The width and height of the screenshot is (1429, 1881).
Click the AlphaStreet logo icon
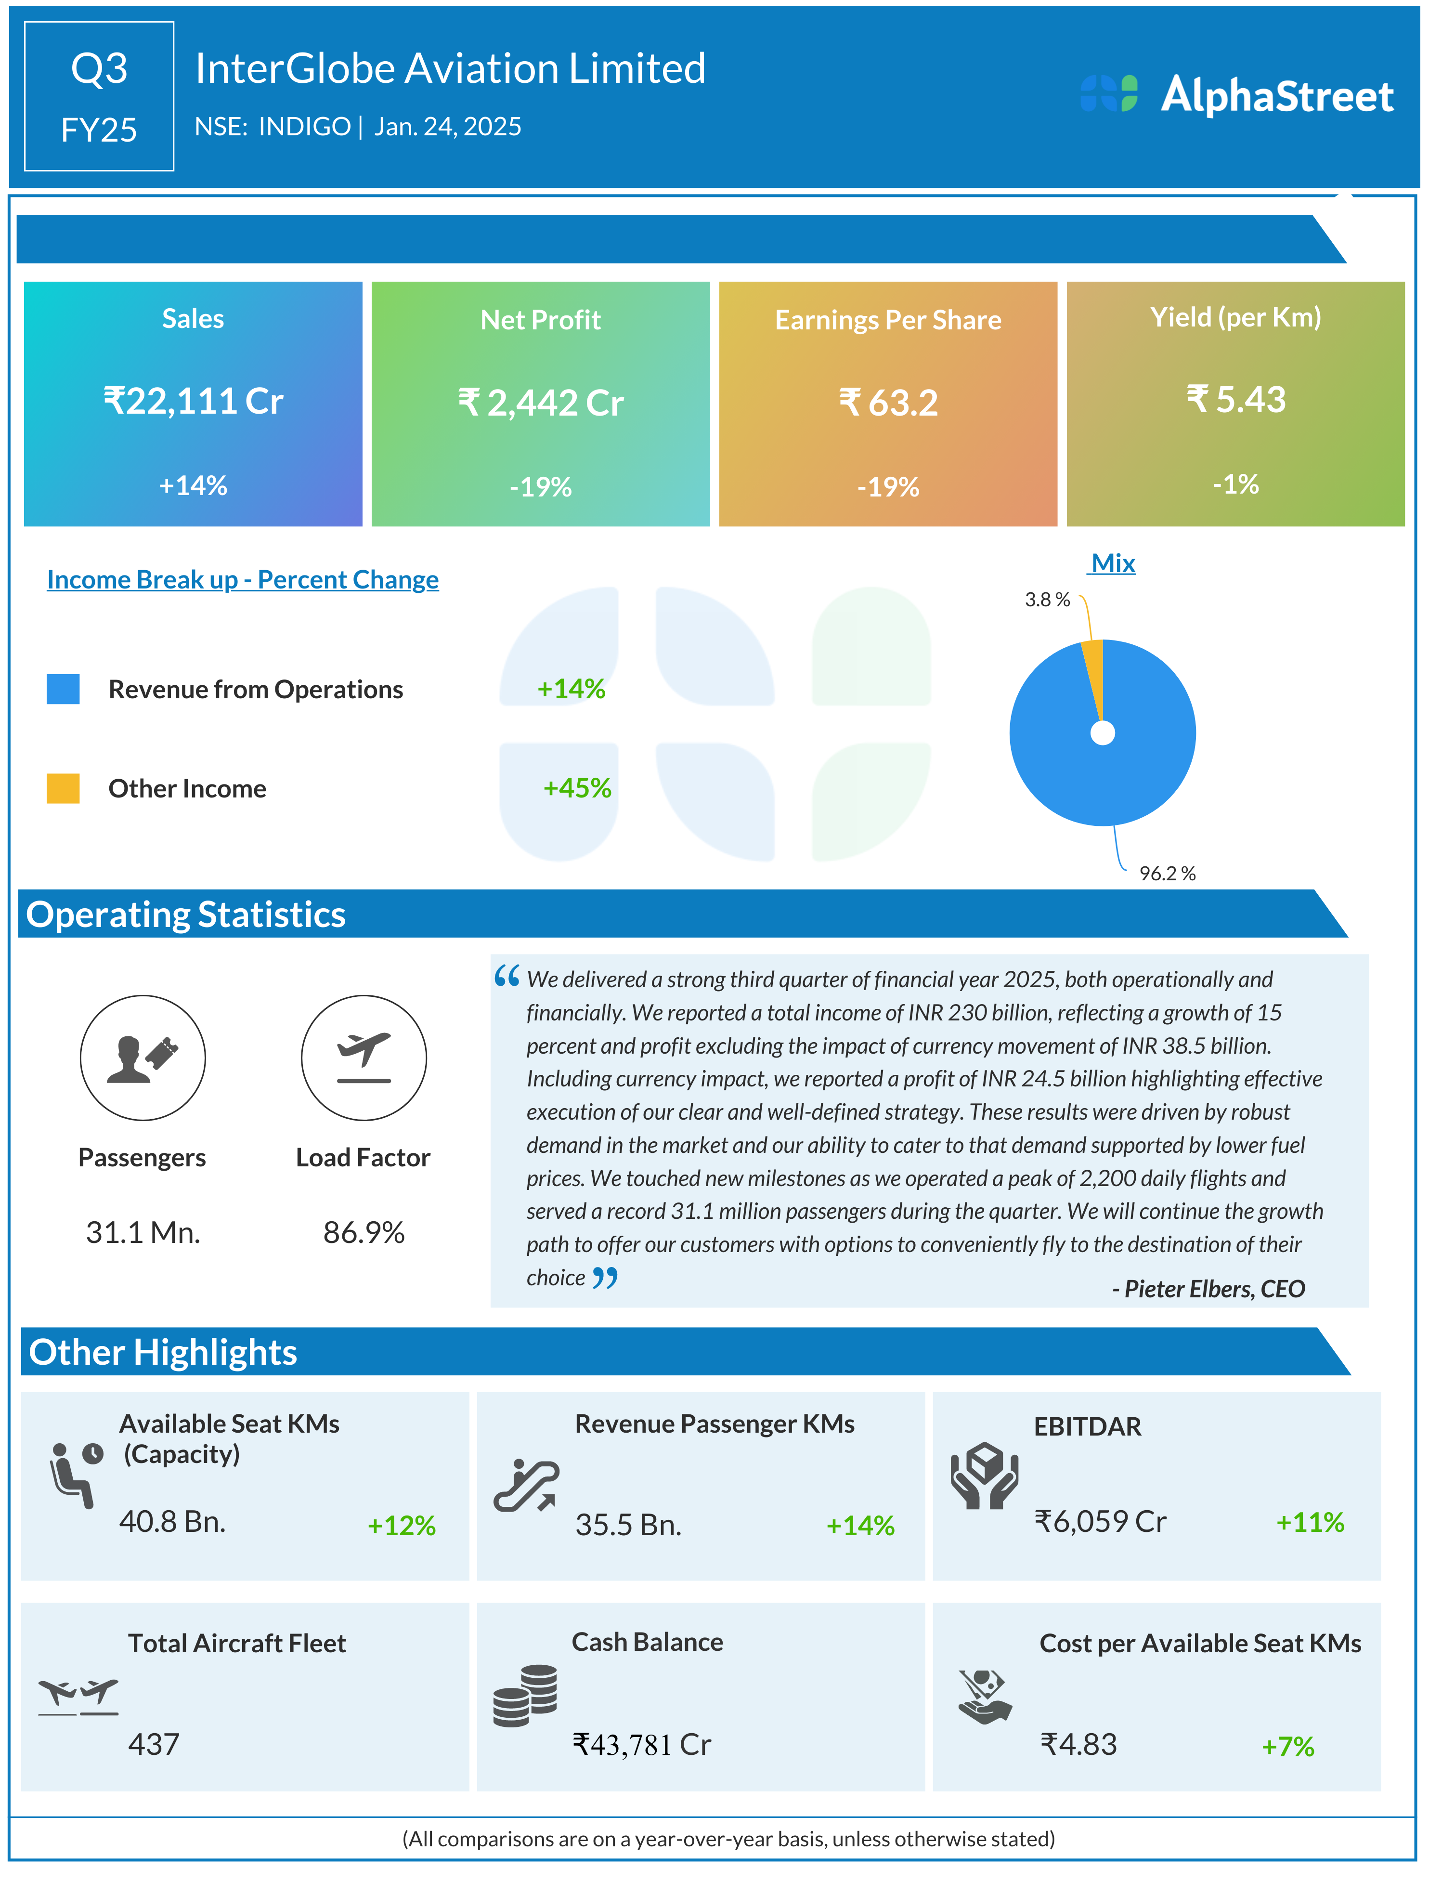(x=1108, y=93)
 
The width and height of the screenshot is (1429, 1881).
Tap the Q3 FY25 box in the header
(x=100, y=97)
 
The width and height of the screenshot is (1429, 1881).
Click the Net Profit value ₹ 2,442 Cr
(x=541, y=403)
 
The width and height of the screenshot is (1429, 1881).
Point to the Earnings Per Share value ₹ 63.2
(x=888, y=403)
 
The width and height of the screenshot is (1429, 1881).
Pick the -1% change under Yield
(x=1235, y=484)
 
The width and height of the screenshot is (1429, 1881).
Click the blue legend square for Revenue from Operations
(x=63, y=689)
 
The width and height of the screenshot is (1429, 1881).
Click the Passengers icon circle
(x=143, y=1058)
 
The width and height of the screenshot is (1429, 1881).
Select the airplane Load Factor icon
(x=364, y=1058)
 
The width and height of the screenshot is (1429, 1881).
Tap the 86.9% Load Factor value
(x=364, y=1232)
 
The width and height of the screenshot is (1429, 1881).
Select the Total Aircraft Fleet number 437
(x=154, y=1744)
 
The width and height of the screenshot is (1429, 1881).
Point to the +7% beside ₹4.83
(x=1288, y=1747)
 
